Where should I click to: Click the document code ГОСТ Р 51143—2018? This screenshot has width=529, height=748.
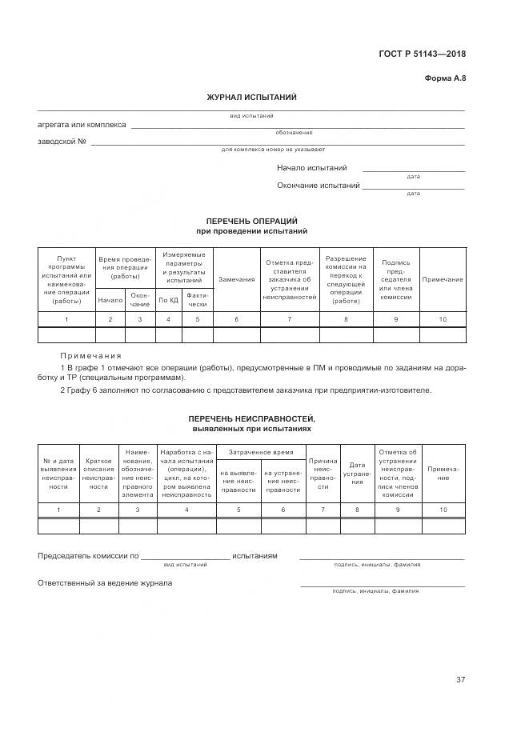(422, 54)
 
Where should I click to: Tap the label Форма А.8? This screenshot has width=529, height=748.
(444, 78)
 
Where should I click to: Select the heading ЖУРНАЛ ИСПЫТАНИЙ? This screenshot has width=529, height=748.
(251, 97)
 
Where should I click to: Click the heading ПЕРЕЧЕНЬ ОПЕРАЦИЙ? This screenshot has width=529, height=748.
(251, 220)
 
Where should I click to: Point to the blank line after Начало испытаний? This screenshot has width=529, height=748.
(413, 170)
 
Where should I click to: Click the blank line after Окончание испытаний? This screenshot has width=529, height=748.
(413, 187)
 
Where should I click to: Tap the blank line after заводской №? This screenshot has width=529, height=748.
(277, 143)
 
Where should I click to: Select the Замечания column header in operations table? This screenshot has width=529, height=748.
(236, 279)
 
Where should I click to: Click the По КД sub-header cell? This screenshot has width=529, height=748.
(168, 300)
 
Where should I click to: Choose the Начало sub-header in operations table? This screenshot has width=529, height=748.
(110, 300)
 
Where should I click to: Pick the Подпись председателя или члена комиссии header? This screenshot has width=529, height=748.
(395, 279)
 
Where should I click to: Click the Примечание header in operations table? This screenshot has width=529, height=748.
(443, 279)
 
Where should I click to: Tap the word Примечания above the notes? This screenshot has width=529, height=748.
(90, 355)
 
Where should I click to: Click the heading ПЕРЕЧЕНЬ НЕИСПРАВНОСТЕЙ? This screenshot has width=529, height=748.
(251, 419)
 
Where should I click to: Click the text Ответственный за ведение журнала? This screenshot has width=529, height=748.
(105, 583)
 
